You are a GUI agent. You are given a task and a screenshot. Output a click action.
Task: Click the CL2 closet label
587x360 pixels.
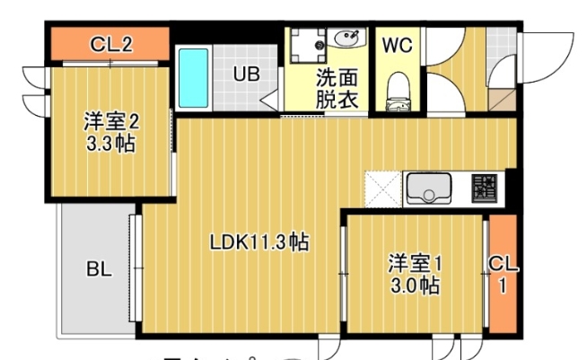pos(112,44)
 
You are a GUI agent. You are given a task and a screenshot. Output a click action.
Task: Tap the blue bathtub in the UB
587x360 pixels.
pos(193,77)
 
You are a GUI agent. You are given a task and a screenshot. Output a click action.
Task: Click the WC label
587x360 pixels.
pos(397,46)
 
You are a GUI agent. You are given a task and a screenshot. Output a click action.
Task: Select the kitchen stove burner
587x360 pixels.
pos(485,188)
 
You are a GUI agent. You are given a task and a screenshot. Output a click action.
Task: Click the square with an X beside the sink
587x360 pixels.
pos(382,189)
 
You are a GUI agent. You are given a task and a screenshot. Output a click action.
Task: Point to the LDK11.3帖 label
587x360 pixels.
pos(259,241)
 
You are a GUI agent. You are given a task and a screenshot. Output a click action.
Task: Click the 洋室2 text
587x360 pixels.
pos(112,120)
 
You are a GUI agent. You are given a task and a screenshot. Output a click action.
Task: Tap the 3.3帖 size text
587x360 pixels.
pos(112,143)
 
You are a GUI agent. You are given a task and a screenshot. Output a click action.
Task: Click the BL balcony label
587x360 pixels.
pos(99,268)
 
